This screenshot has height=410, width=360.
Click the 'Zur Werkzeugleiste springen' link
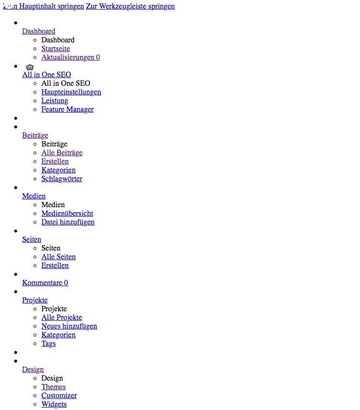[130, 6]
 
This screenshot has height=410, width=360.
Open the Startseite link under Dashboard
[56, 49]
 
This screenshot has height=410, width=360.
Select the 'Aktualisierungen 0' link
[71, 57]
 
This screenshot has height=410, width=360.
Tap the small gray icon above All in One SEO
[30, 67]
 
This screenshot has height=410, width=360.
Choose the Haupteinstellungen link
[71, 92]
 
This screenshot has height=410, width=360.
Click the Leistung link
[55, 101]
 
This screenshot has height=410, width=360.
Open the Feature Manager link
[68, 109]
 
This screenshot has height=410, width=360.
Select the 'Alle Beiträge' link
[62, 153]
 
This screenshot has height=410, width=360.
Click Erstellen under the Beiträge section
[55, 161]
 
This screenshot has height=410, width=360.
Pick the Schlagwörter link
[62, 179]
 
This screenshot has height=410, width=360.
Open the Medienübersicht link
[67, 213]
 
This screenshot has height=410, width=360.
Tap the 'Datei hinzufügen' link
[68, 222]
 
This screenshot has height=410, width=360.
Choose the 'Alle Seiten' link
[59, 257]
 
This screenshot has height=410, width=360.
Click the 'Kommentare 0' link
[45, 283]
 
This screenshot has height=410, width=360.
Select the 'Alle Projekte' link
[62, 317]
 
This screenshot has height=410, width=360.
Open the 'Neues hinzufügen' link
[69, 326]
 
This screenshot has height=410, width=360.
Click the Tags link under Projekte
[49, 344]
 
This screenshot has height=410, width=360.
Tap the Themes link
[53, 387]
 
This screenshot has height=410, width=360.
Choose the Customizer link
[59, 396]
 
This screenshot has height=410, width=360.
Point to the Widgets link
[54, 404]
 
